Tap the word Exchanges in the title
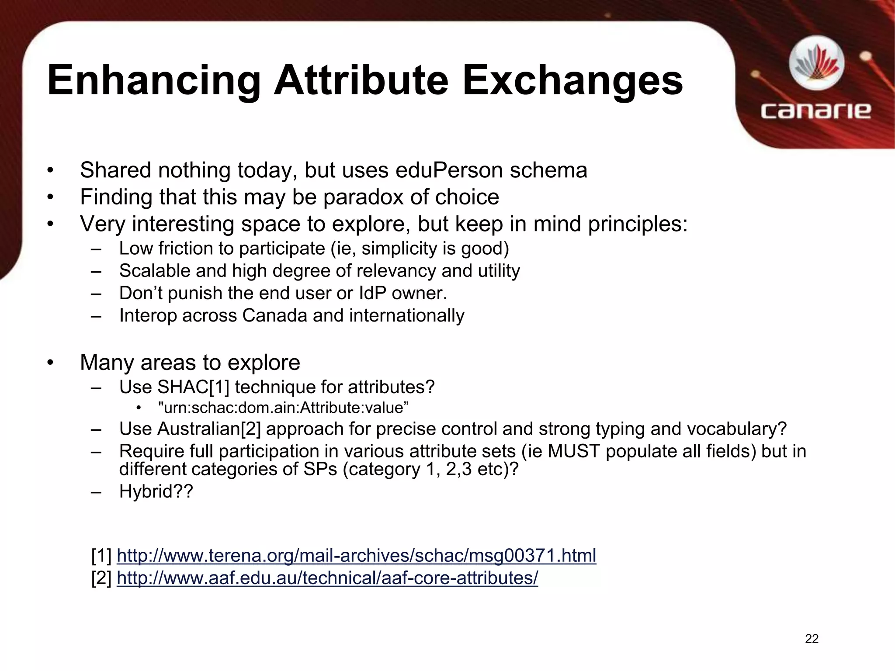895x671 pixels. tap(572, 81)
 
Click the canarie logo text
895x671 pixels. tap(815, 111)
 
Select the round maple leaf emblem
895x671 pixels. tap(816, 64)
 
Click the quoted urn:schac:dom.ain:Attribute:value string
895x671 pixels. tap(283, 408)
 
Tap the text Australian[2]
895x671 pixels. tap(208, 429)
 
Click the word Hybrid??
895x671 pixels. tap(156, 491)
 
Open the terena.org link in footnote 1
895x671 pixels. tap(356, 556)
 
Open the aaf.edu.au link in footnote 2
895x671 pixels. tap(327, 578)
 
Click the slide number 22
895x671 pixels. tap(812, 639)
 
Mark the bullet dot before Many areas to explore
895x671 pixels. tap(51, 363)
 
